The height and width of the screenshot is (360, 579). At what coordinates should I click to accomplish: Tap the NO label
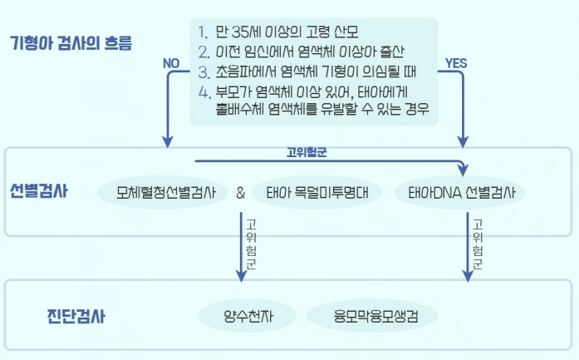click(x=171, y=62)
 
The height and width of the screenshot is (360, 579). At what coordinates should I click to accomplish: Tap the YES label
click(x=456, y=62)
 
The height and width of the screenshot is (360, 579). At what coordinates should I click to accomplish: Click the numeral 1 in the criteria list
click(x=203, y=33)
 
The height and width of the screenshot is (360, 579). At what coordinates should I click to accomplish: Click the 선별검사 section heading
click(x=39, y=190)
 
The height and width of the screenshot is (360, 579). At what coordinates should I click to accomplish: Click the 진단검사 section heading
click(x=76, y=317)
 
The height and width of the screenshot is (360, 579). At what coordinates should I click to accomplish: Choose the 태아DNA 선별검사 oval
click(x=459, y=193)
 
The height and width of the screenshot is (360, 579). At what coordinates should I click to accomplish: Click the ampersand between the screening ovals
click(x=240, y=193)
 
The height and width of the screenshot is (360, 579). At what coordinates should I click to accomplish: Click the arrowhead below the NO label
click(x=169, y=141)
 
